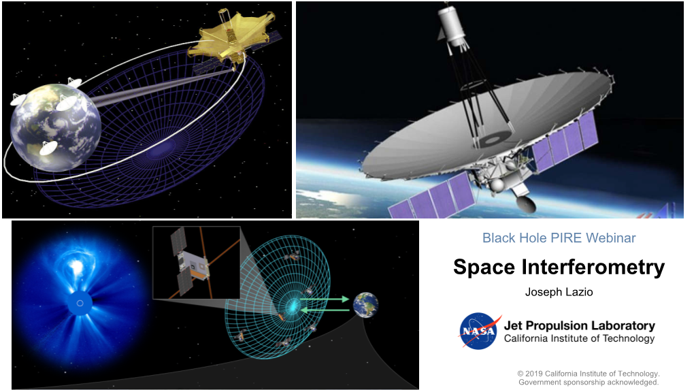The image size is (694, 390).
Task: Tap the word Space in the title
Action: click(484, 267)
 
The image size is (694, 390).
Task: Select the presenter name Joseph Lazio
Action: click(559, 292)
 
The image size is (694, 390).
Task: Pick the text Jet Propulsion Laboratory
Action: click(580, 326)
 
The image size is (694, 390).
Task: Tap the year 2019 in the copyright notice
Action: click(534, 374)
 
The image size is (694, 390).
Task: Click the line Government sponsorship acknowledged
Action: click(589, 382)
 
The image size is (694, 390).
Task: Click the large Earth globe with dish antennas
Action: click(55, 126)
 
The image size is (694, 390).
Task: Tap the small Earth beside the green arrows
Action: click(365, 304)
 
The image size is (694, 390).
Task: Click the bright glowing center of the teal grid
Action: click(293, 305)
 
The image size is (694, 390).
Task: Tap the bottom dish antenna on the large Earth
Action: click(49, 148)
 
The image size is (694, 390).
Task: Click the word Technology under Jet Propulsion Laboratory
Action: click(629, 339)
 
